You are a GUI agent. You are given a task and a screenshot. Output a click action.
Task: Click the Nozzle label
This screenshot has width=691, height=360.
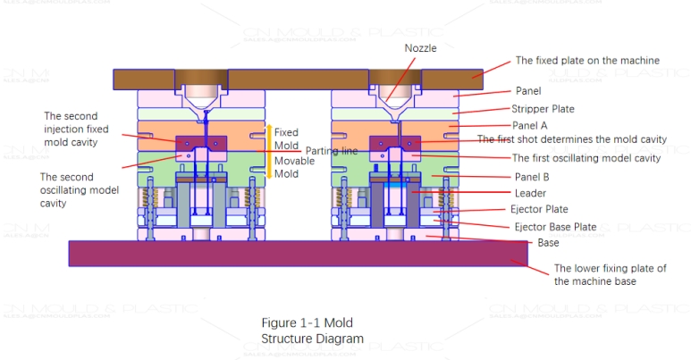click(420, 47)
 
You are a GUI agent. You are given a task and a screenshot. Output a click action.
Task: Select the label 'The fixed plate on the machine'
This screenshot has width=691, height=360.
click(587, 61)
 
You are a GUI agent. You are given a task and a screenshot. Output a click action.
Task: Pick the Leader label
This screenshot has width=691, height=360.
click(531, 193)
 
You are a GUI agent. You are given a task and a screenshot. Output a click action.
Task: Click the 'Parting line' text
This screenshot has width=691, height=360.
click(332, 151)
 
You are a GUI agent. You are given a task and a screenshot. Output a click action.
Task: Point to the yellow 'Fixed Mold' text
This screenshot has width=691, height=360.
click(286, 138)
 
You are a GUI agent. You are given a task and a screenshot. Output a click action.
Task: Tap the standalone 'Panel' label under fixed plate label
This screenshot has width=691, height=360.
click(528, 91)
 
